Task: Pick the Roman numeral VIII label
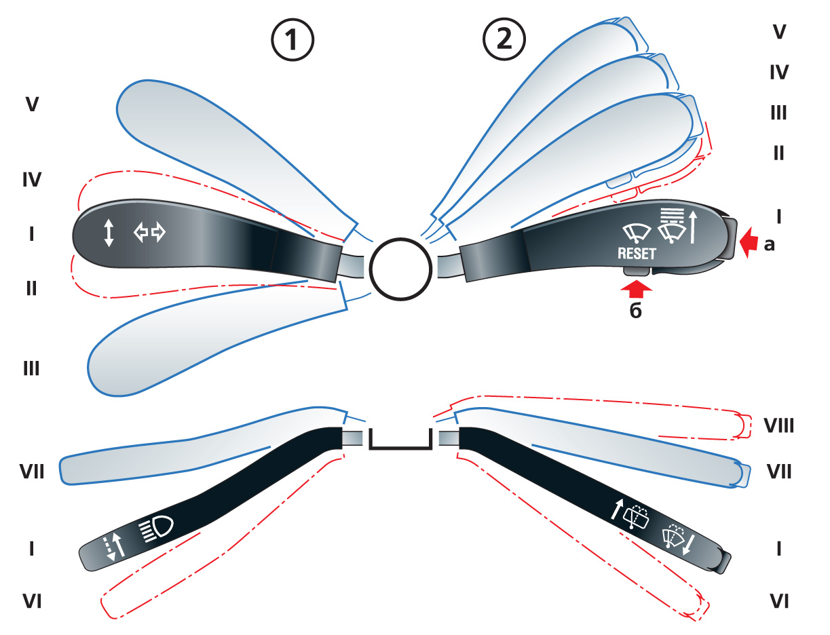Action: [x=778, y=426]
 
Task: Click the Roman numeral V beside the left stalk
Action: [x=32, y=105]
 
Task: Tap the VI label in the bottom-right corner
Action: [x=778, y=601]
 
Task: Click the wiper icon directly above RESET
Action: [x=637, y=233]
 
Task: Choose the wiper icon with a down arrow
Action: [x=679, y=541]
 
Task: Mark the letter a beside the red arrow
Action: [x=769, y=245]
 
